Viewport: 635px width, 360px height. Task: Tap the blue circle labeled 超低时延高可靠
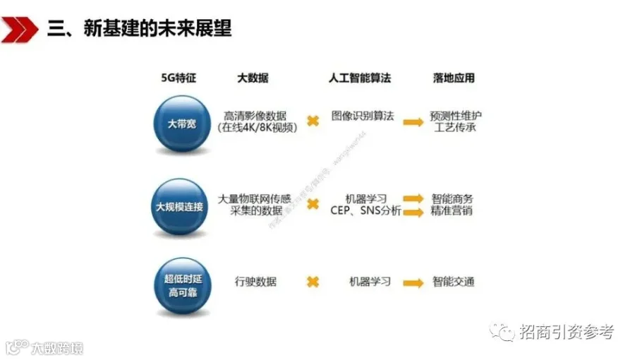(181, 285)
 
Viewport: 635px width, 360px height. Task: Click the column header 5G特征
(179, 78)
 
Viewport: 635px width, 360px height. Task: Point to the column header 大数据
(252, 78)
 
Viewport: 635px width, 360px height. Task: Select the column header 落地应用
(454, 78)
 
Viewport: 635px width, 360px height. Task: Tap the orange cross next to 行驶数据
(313, 282)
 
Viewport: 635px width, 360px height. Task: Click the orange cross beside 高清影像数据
(313, 121)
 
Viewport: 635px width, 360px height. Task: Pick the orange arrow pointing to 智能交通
(413, 282)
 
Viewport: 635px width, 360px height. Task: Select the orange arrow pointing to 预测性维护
(413, 121)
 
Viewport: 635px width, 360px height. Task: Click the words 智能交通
(454, 282)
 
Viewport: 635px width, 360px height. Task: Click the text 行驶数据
(255, 282)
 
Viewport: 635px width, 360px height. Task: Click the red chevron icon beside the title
(19, 29)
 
